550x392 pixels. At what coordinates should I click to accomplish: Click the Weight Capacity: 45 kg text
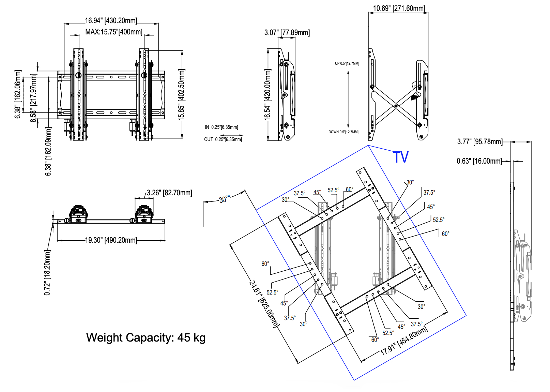point(146,338)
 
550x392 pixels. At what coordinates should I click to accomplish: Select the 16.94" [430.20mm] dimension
point(111,21)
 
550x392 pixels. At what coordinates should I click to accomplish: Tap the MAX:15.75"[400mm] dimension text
point(114,32)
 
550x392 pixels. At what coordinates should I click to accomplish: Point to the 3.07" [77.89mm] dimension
point(287,33)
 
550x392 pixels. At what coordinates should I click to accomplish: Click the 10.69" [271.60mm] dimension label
point(399,8)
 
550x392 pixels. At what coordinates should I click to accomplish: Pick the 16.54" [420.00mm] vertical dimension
point(268,94)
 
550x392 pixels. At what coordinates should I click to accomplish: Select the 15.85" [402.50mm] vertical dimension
point(182,94)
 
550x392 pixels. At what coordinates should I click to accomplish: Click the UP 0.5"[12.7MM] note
point(347,63)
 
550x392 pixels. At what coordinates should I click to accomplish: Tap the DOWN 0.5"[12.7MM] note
point(343,132)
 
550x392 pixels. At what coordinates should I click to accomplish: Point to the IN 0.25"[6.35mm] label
point(221,127)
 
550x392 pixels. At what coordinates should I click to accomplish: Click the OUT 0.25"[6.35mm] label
point(223,139)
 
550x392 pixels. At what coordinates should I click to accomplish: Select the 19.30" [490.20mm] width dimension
point(111,240)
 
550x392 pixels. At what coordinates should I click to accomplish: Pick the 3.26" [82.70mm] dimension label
point(169,193)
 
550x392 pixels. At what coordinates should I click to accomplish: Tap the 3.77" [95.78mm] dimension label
point(479,141)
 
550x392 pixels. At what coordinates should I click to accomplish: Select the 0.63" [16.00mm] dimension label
point(479,161)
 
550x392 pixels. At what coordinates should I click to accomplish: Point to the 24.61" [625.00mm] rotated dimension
point(263,304)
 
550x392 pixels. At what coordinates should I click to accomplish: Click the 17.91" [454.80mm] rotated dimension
point(404,341)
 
